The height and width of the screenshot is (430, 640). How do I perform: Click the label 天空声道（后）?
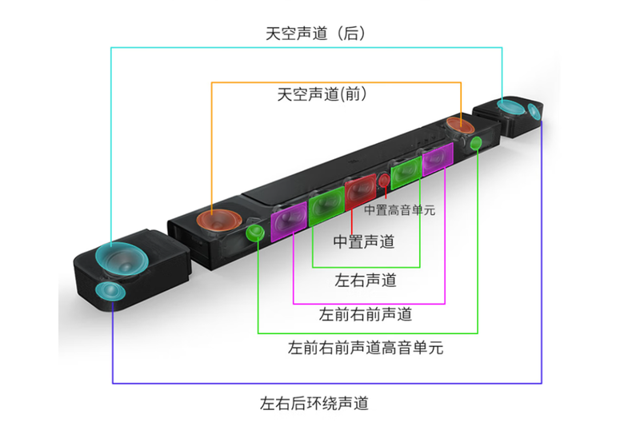[x=315, y=34]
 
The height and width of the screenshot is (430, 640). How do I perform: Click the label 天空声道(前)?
[x=322, y=94]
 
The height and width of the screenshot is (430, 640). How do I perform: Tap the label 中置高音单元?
[x=399, y=210]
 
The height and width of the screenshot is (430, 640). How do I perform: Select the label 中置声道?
[x=364, y=241]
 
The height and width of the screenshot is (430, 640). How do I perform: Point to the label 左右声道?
[x=366, y=281]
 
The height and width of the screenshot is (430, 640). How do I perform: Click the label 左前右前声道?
[x=366, y=314]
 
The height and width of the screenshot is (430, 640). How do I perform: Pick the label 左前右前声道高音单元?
[x=366, y=348]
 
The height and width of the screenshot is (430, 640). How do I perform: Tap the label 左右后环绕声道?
[x=314, y=403]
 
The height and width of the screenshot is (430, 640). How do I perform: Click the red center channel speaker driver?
[x=360, y=190]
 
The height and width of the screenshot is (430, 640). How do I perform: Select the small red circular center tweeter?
[x=384, y=180]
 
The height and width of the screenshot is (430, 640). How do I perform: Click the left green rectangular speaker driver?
[x=326, y=206]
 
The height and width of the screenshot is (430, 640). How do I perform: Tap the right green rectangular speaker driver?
[x=406, y=172]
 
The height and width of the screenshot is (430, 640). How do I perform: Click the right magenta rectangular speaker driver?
[x=438, y=159]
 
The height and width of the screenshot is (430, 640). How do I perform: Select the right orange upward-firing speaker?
[x=460, y=125]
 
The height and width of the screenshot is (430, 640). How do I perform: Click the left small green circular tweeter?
[x=255, y=233]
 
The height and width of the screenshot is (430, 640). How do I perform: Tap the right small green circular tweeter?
[x=476, y=143]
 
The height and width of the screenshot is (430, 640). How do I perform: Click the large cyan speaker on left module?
[x=122, y=259]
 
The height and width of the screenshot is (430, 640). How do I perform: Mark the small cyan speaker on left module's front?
[x=110, y=291]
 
